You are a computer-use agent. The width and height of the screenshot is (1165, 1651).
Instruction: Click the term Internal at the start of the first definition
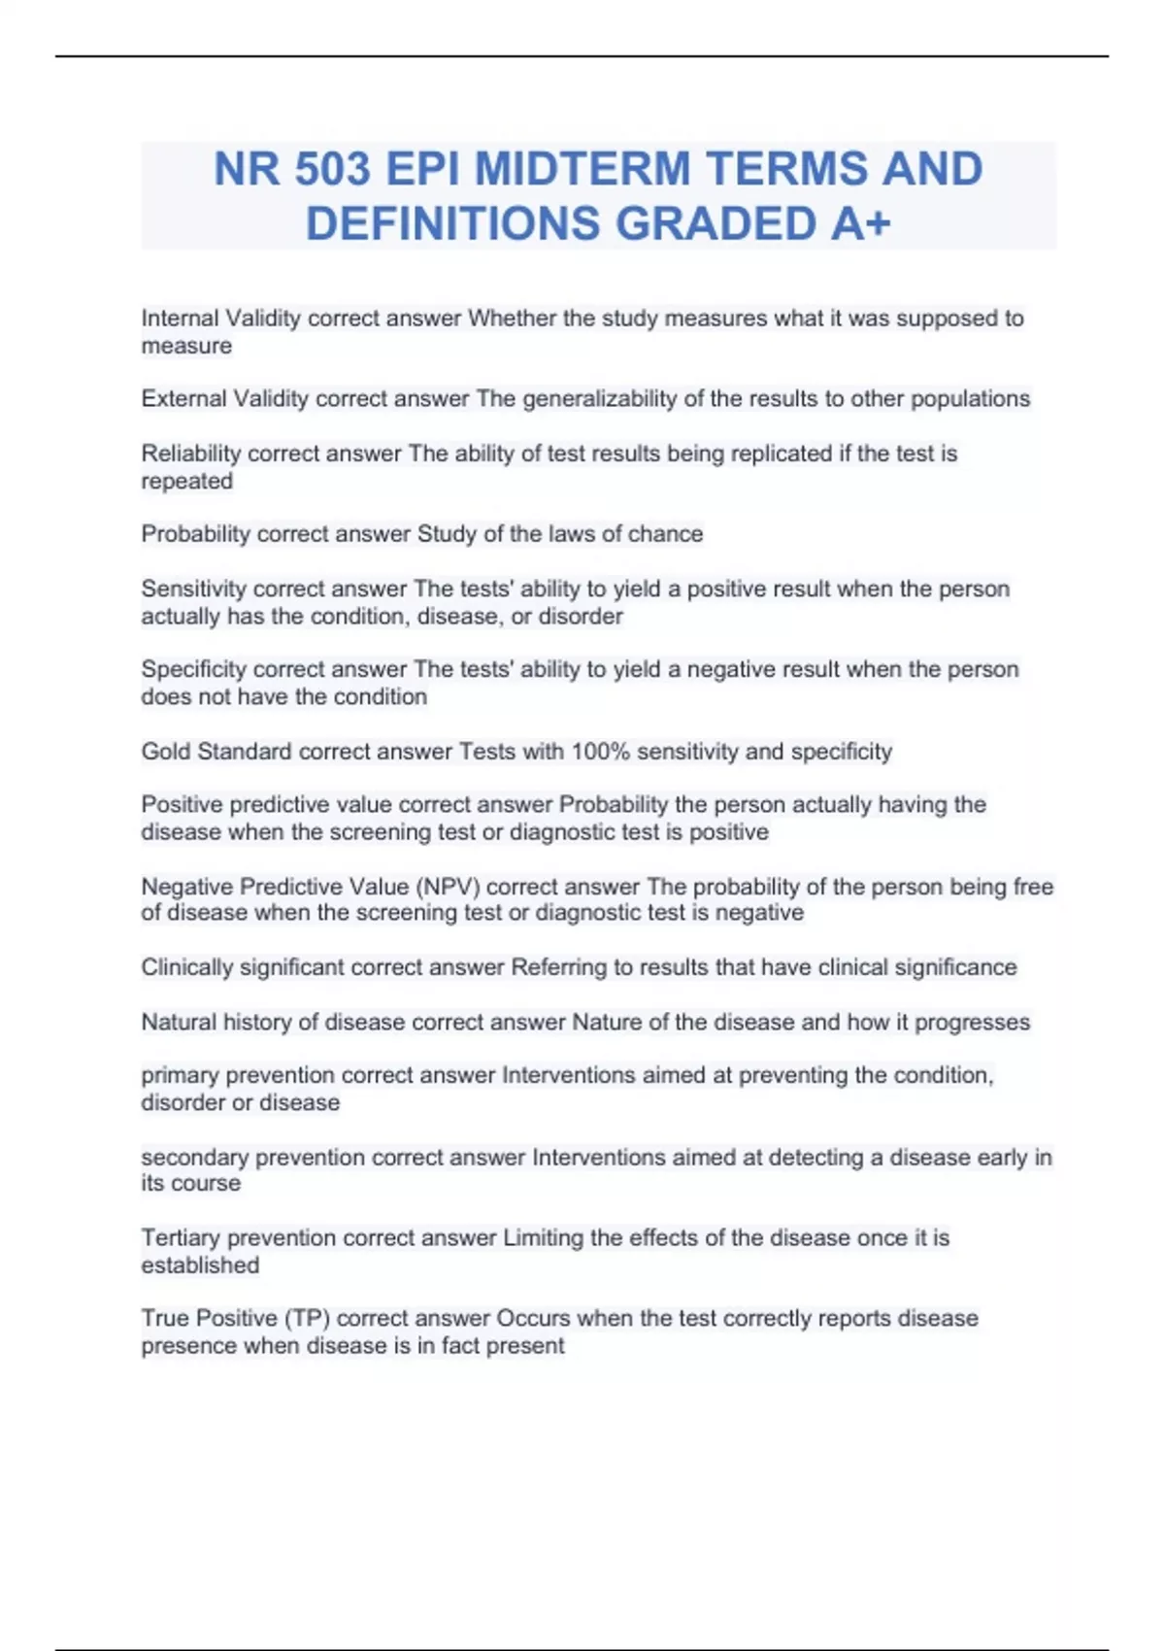pyautogui.click(x=180, y=319)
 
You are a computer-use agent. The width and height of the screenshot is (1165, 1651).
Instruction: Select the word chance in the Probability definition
pyautogui.click(x=665, y=534)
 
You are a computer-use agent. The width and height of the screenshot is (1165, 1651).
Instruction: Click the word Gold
pyautogui.click(x=165, y=752)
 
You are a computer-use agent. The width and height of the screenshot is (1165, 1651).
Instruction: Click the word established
pyautogui.click(x=200, y=1265)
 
